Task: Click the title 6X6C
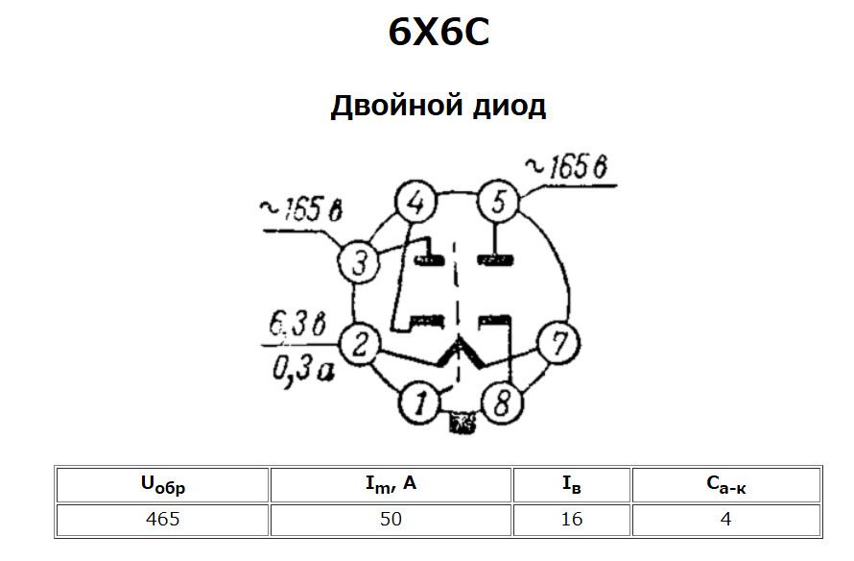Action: pyautogui.click(x=439, y=33)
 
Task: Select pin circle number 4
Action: pyautogui.click(x=415, y=204)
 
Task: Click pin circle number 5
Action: pyautogui.click(x=498, y=202)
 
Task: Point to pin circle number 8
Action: pyautogui.click(x=500, y=403)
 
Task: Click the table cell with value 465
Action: pyautogui.click(x=162, y=519)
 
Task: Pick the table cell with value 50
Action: pyautogui.click(x=391, y=519)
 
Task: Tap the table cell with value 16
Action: pyautogui.click(x=572, y=519)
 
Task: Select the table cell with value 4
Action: pyautogui.click(x=726, y=519)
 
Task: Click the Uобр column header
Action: pyautogui.click(x=162, y=484)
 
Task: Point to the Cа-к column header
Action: pyautogui.click(x=726, y=484)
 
